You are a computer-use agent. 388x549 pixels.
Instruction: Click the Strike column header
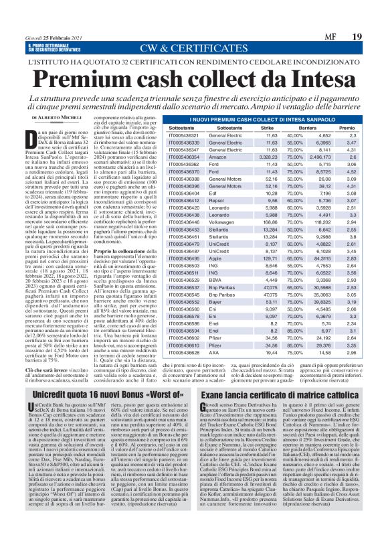pyautogui.click(x=286, y=127)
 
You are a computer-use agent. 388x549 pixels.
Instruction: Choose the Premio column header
pyautogui.click(x=365, y=127)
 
